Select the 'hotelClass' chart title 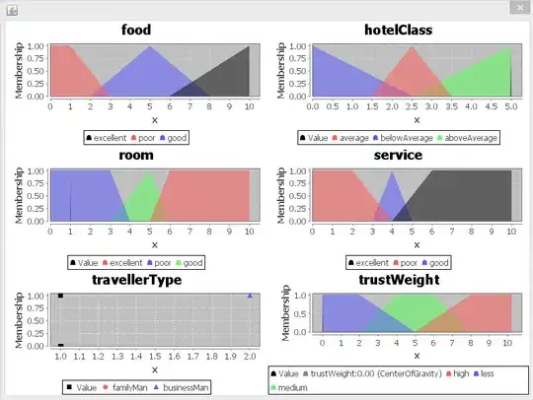coord(397,31)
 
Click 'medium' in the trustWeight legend coord(296,387)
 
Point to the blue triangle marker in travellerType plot coord(250,296)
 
